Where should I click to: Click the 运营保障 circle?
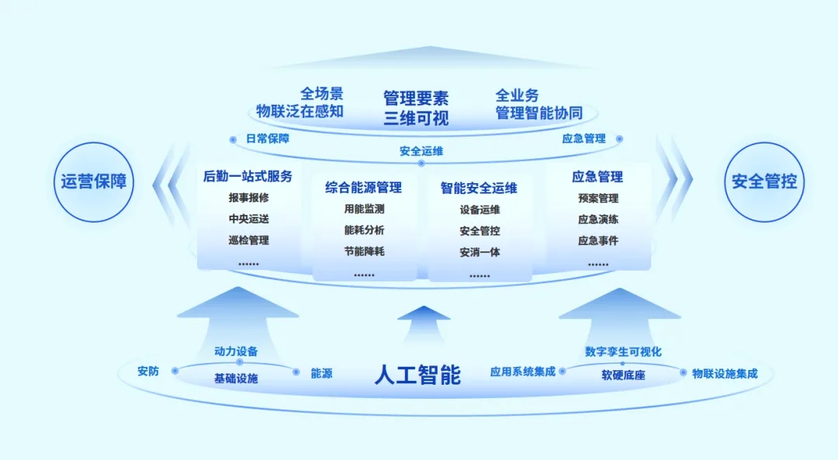coord(94,182)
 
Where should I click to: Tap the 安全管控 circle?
coord(764,182)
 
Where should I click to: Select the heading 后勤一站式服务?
coord(248,176)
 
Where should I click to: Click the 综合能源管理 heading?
coord(363,188)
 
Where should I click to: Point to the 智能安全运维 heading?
coord(479,188)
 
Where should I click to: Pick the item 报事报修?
coord(248,198)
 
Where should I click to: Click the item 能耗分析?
coord(364,230)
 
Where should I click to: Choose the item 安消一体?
coord(480,252)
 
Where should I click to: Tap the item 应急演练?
coord(598,220)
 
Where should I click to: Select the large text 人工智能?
coord(417,375)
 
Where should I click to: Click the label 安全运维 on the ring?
coord(421,151)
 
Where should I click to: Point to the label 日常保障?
coord(267,139)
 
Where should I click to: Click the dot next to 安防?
coord(175,371)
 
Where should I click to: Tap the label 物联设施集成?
coord(725,374)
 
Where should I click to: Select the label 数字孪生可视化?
coord(623,351)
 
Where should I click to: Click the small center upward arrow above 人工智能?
coord(424,323)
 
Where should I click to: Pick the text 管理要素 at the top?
coord(416,99)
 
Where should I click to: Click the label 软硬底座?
coord(623,375)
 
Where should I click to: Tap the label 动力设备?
coord(236,351)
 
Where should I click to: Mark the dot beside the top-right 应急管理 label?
coord(619,139)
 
